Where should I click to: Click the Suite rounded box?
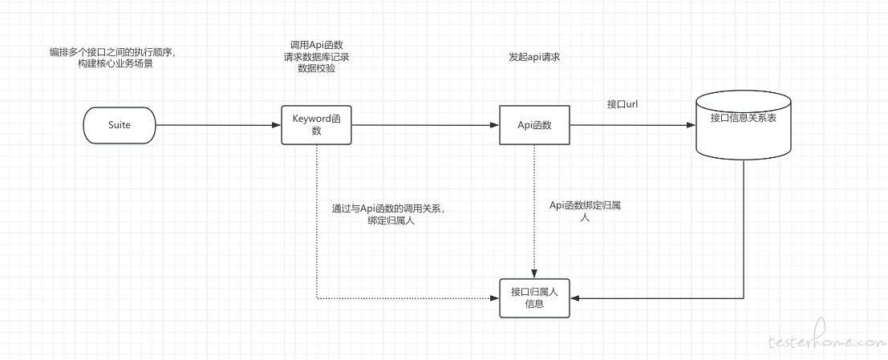(119, 125)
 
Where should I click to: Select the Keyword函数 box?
(316, 124)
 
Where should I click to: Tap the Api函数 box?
(534, 124)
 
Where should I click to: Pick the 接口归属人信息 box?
(534, 297)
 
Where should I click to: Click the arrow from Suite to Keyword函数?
(217, 125)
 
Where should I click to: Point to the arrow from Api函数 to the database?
(634, 125)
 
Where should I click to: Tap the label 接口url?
(623, 104)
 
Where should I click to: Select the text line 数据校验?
(316, 69)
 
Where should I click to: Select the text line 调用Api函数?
(316, 45)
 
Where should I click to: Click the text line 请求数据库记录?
(316, 57)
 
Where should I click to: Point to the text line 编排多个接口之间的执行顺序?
(112, 53)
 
